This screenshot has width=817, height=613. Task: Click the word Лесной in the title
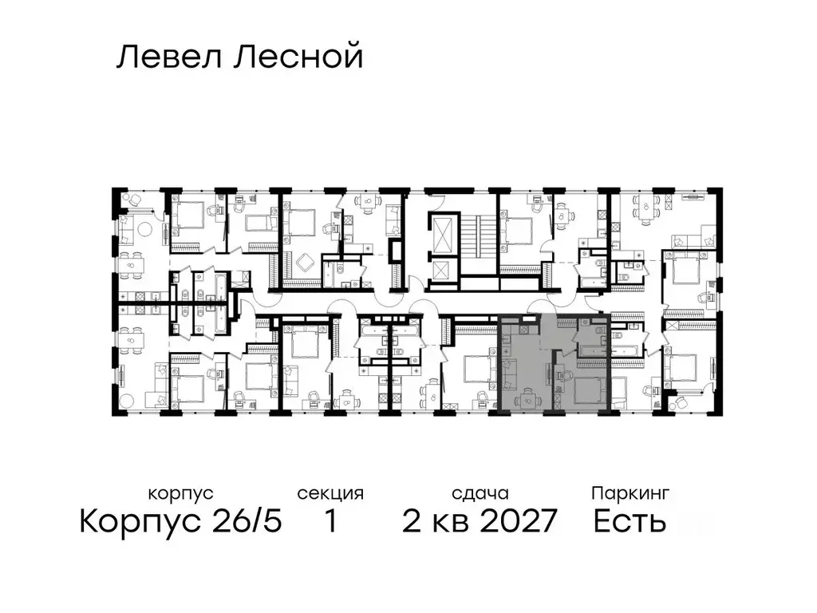tap(298, 57)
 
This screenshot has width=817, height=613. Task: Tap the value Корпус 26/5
tap(180, 522)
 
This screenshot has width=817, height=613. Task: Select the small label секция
tap(330, 493)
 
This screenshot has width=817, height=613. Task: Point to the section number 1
tap(330, 522)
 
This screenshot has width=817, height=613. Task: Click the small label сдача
tap(479, 493)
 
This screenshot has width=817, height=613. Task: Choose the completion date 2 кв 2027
tap(479, 522)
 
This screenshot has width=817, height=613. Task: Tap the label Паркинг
tap(630, 492)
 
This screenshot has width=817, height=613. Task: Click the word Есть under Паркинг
tap(630, 522)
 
